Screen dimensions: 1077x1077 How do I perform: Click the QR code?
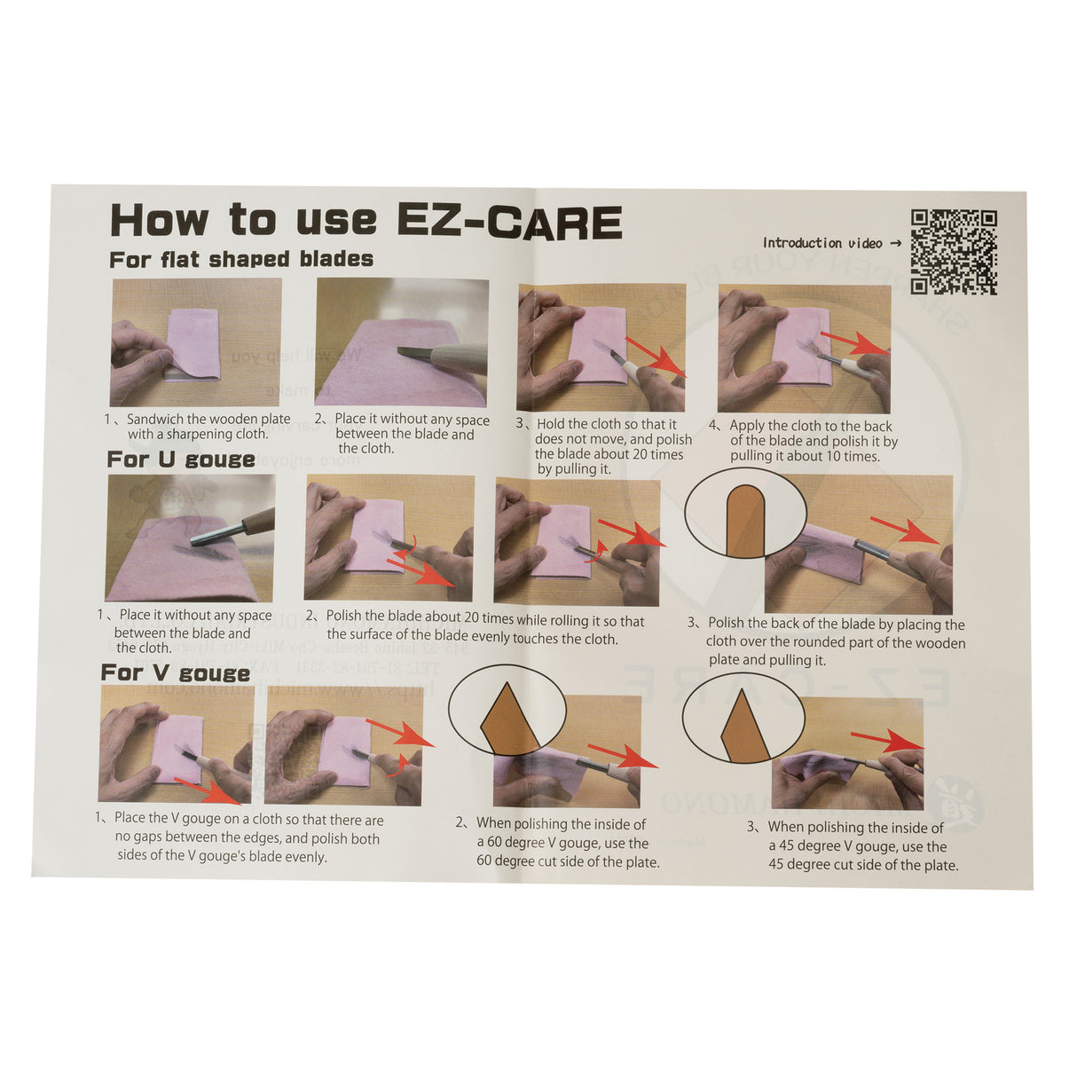(x=953, y=252)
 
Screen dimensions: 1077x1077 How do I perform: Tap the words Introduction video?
(x=823, y=243)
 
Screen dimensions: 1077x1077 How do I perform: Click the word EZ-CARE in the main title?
(x=510, y=222)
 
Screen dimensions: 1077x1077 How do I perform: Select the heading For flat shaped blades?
(x=241, y=260)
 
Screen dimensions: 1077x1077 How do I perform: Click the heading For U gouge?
(x=181, y=460)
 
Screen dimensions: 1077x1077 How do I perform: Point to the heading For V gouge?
(x=176, y=673)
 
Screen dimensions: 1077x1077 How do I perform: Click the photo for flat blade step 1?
(x=196, y=342)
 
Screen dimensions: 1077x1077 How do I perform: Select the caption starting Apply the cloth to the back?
(x=812, y=441)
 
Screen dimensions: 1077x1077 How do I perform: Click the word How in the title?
(x=160, y=220)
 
